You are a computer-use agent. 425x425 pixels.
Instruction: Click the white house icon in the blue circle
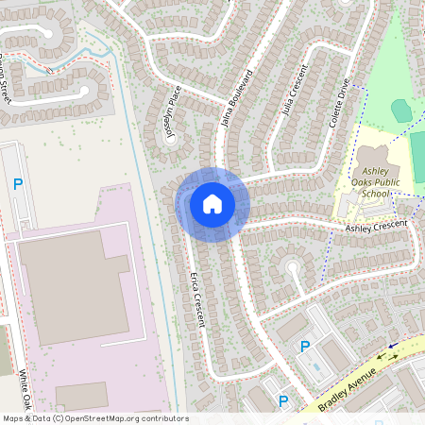coord(212,203)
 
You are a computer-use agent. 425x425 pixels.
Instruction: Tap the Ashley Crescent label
coord(376,226)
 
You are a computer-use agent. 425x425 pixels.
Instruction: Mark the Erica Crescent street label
coord(198,299)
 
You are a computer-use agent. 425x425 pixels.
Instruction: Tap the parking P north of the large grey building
coord(18,184)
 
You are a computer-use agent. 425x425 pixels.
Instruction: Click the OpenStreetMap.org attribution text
coord(123,418)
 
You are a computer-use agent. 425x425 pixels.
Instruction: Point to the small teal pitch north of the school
coord(401,110)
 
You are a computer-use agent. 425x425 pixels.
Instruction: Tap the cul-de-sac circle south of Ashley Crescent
coord(294,267)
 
